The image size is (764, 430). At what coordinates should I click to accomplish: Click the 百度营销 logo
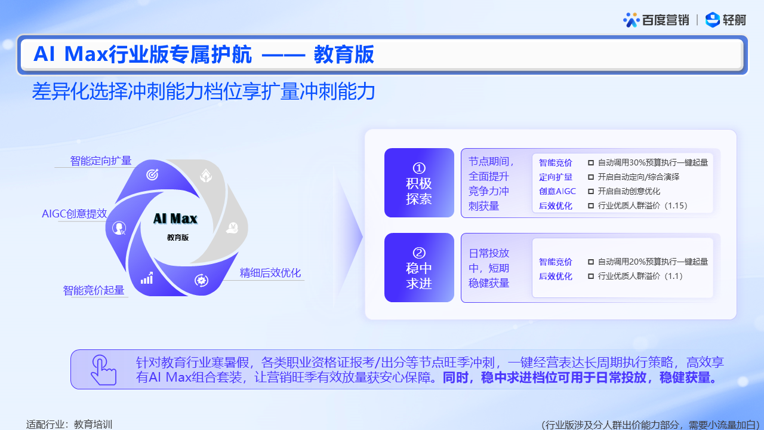coord(656,20)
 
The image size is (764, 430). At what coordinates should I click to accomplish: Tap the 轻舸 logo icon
coord(713,20)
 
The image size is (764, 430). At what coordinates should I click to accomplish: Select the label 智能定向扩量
coord(101,161)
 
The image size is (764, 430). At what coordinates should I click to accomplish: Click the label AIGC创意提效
coord(75,214)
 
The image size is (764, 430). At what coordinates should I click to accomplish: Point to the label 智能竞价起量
coord(94,290)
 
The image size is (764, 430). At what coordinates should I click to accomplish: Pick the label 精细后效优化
coord(270,273)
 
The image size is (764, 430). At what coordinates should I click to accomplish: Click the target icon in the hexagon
coord(152,174)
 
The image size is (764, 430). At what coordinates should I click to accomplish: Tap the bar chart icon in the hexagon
coord(147,278)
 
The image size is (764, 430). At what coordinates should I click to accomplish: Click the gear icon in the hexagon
coord(201,281)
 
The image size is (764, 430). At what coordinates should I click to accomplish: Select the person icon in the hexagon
coord(119,228)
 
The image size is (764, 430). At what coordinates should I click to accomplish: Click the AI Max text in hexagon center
coord(175,219)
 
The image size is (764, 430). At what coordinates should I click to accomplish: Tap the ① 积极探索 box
coord(419,183)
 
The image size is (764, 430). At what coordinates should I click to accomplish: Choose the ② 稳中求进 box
coord(419,268)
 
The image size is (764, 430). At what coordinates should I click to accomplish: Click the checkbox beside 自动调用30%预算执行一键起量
coord(591,163)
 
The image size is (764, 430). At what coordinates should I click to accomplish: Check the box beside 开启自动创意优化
coord(591,192)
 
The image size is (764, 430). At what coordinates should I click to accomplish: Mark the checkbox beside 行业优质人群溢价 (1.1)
coord(591,276)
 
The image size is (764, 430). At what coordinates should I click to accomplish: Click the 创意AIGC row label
coord(557,192)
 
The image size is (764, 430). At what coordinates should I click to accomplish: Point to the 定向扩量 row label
coord(556,177)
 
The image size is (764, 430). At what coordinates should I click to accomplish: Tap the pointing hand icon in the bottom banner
coord(103,370)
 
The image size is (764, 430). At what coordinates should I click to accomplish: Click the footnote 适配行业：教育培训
coord(69,425)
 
